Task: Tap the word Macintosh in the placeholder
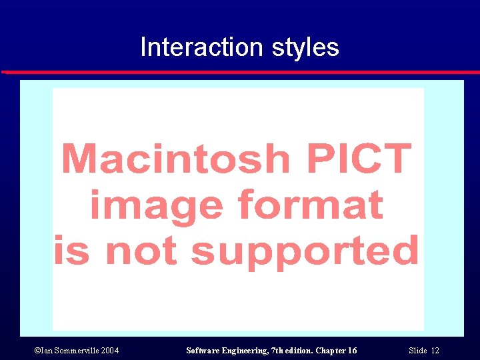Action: tap(175, 159)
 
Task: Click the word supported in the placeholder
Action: tap(305, 252)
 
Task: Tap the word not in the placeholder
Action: tap(143, 252)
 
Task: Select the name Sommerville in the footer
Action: tap(74, 351)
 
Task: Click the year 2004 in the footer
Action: tap(109, 351)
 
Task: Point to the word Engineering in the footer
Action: tap(248, 351)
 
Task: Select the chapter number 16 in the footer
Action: tap(351, 351)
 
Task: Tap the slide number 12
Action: tap(435, 351)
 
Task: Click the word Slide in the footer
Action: tap(417, 351)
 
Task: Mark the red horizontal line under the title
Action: tap(240, 72)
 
